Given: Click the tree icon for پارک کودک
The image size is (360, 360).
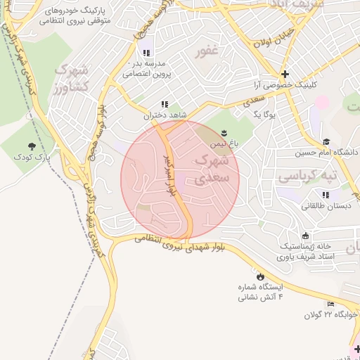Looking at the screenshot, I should (x=32, y=146).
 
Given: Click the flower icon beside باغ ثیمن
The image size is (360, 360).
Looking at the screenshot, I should (x=224, y=133).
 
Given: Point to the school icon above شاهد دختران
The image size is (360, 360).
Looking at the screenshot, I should (x=165, y=104).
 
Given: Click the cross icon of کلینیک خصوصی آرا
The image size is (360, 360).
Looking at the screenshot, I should (x=284, y=74).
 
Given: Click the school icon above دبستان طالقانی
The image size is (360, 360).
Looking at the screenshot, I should (x=326, y=195).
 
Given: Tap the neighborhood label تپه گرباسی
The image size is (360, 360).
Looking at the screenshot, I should (x=307, y=174).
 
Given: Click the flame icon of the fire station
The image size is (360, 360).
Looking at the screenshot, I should (x=261, y=276).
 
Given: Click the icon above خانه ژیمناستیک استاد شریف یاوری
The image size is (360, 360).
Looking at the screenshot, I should (x=304, y=236).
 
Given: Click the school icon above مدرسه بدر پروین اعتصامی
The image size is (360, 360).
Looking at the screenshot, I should (x=146, y=52).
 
